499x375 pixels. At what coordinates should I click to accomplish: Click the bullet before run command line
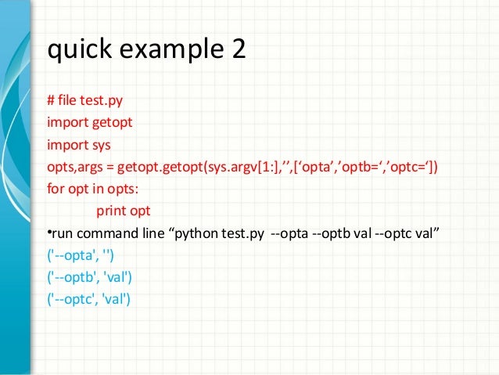click(x=49, y=233)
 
